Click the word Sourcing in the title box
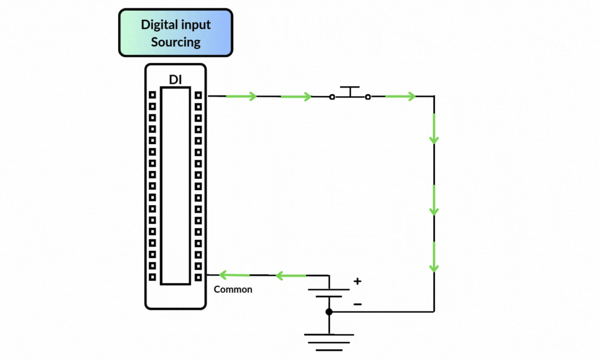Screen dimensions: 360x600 pyautogui.click(x=175, y=42)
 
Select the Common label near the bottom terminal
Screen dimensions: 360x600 pyautogui.click(x=233, y=289)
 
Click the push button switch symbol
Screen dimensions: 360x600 pyautogui.click(x=350, y=93)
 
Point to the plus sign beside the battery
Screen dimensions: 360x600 pyautogui.click(x=358, y=281)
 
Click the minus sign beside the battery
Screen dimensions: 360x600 pyautogui.click(x=358, y=304)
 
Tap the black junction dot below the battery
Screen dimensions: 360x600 pyautogui.click(x=329, y=312)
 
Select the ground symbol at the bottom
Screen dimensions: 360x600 pyautogui.click(x=329, y=342)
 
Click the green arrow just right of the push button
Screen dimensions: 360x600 pyautogui.click(x=400, y=96)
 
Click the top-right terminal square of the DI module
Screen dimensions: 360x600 pyautogui.click(x=198, y=95)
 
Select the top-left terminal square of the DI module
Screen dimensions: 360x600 pyautogui.click(x=152, y=95)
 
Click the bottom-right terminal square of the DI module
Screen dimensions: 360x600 pyautogui.click(x=198, y=277)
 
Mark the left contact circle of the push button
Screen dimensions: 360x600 pyautogui.click(x=332, y=97)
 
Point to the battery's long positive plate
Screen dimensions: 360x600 pyautogui.click(x=329, y=290)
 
